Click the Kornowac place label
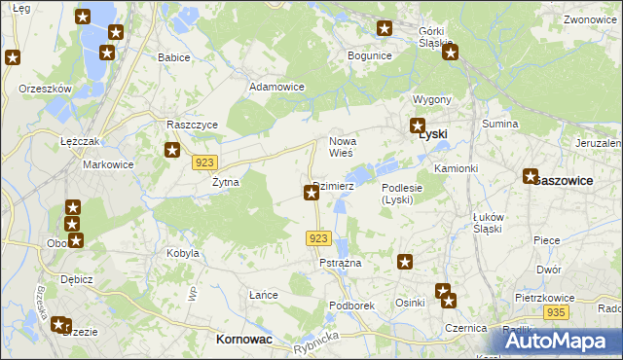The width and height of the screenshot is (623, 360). tap(242, 340)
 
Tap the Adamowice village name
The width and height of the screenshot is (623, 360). tap(277, 87)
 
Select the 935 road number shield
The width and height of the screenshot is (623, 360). tap(556, 311)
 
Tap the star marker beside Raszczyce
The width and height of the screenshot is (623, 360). tap(172, 150)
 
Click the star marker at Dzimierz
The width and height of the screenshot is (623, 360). tap(311, 194)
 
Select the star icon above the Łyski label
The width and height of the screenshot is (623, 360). tap(418, 126)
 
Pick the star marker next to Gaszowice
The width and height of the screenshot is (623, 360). tap(531, 176)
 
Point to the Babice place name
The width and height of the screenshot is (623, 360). tap(173, 57)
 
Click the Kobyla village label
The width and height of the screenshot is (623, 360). tap(183, 253)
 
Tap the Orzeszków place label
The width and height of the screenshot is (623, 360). tap(46, 89)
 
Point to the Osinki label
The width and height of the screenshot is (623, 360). tap(410, 303)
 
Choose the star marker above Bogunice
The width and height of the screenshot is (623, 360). tap(385, 30)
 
